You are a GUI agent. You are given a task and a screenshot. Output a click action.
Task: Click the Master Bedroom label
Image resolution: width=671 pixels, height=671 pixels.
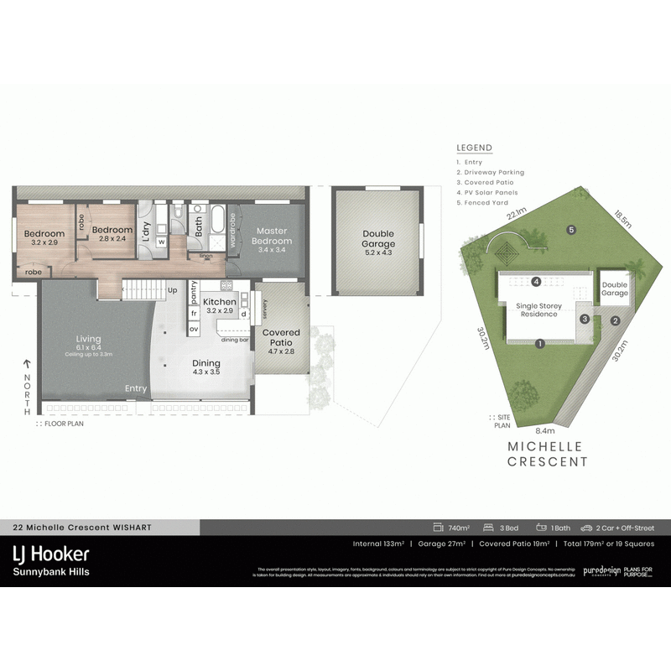tap(272, 236)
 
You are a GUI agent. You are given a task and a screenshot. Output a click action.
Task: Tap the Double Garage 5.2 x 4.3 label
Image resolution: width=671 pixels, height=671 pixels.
tap(378, 239)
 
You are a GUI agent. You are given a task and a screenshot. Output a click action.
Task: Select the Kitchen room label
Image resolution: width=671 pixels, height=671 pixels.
tap(220, 301)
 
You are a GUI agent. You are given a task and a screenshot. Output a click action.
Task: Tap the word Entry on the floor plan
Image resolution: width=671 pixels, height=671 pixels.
tap(136, 388)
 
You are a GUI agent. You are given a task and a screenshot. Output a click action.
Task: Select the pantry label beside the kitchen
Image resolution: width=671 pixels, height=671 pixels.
tap(194, 291)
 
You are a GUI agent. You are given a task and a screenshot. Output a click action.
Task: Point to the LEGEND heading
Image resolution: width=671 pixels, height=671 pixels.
tap(474, 148)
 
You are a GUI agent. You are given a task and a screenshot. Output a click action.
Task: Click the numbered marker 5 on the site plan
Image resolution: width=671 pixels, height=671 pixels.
tap(571, 230)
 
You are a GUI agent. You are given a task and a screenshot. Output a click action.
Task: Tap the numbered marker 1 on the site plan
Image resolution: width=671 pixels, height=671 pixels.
tap(541, 342)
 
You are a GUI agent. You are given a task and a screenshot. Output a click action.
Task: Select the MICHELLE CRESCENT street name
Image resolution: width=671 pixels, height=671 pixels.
tap(549, 454)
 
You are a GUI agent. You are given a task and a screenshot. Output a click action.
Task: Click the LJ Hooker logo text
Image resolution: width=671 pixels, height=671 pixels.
tap(50, 554)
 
